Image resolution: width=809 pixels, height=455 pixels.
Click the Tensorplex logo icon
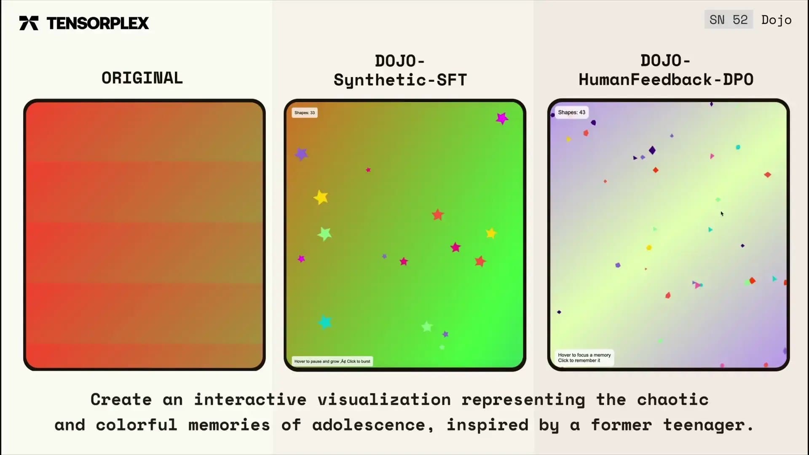pos(29,23)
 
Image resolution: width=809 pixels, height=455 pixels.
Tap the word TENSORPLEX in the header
pos(98,23)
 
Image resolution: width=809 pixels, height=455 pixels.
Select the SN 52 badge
pos(729,20)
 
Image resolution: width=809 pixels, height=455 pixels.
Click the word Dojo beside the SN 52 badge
pos(776,20)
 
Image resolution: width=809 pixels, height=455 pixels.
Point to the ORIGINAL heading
pos(142,78)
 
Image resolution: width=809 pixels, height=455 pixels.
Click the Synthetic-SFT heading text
pos(400,80)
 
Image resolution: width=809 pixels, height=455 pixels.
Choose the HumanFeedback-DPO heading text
pos(666,80)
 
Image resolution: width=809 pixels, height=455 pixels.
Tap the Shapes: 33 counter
pos(305,112)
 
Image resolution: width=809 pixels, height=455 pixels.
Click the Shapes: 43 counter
pos(572,112)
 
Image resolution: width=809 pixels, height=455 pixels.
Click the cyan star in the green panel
pos(325,322)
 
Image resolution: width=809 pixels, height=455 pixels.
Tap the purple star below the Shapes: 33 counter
pos(301,154)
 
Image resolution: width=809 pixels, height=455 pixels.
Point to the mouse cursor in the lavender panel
pos(722,214)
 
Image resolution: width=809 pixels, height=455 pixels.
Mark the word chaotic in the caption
pos(673,399)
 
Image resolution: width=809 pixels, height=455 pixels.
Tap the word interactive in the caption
pos(250,399)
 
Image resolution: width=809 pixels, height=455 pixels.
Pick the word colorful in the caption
pos(137,425)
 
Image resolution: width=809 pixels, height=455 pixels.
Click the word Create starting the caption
pos(121,399)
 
